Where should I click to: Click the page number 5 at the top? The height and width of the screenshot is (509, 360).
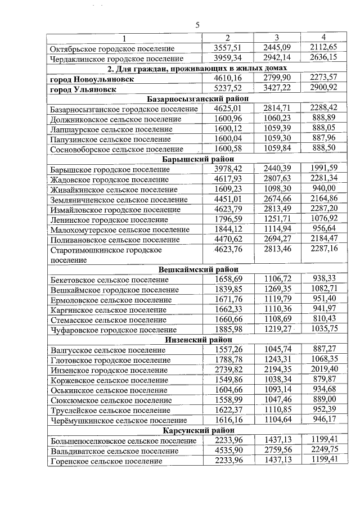197,25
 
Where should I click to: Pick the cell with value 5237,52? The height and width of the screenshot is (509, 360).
228,89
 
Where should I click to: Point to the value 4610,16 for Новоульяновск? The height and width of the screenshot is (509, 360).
228,79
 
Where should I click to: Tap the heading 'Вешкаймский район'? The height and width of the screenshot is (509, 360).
195,269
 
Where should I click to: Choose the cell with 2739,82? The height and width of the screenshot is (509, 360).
228,370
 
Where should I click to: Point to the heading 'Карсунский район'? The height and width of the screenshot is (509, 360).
195,430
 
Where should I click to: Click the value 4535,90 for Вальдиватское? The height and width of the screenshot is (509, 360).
228,451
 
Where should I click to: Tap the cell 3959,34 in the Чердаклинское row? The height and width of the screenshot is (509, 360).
228,58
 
